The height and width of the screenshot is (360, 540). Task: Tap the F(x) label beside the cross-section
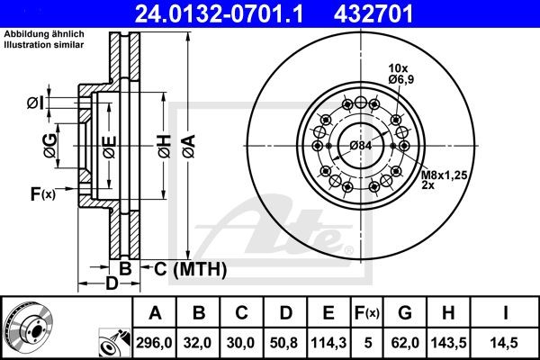click(x=42, y=193)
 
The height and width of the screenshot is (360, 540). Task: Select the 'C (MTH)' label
click(x=188, y=268)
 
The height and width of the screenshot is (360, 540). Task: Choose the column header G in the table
click(x=405, y=313)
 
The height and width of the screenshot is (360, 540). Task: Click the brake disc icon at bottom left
click(x=28, y=328)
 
